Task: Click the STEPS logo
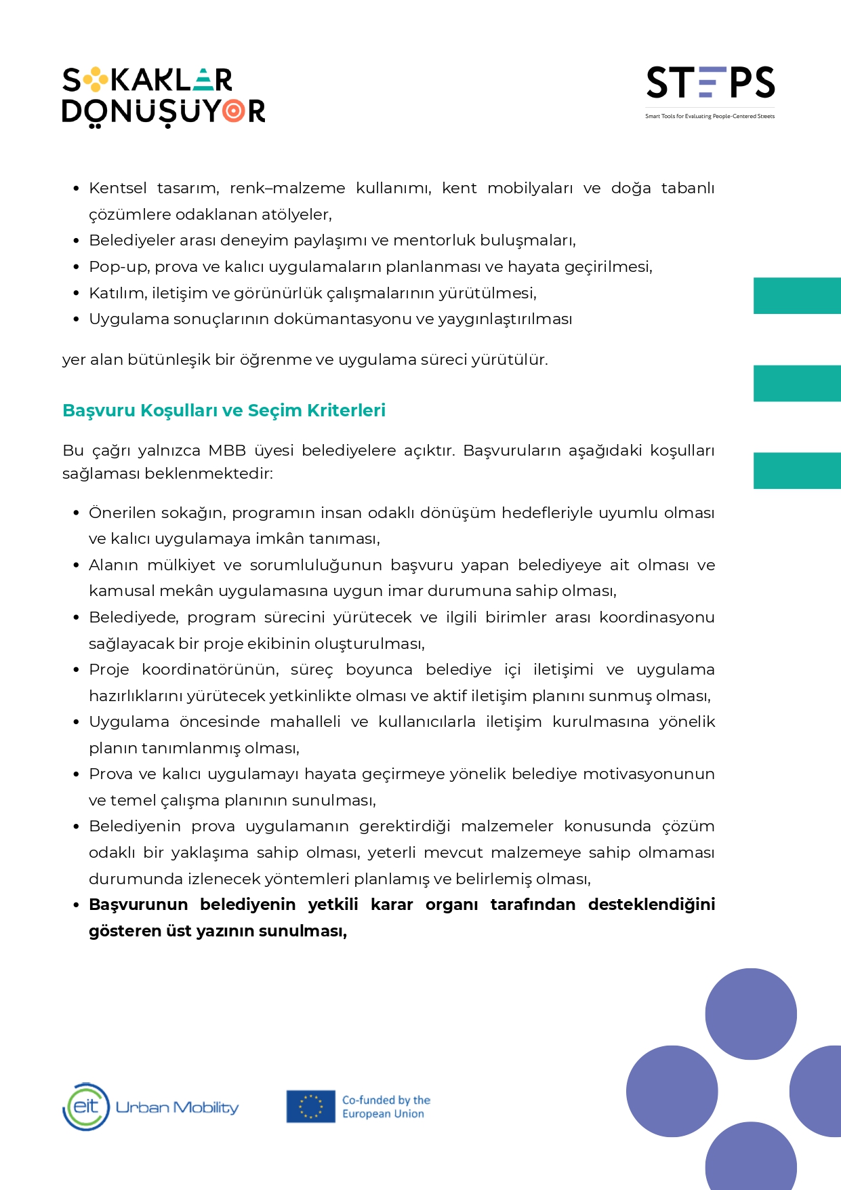pyautogui.click(x=710, y=83)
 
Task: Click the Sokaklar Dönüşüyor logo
pyautogui.click(x=163, y=96)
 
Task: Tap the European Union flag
pyautogui.click(x=310, y=1106)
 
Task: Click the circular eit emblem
pyautogui.click(x=86, y=1107)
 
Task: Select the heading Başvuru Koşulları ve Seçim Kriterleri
pyautogui.click(x=224, y=410)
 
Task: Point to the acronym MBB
pyautogui.click(x=227, y=451)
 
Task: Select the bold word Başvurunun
pyautogui.click(x=138, y=905)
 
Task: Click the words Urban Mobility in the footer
pyautogui.click(x=177, y=1107)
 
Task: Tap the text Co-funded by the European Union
pyautogui.click(x=386, y=1107)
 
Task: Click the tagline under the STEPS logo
pyautogui.click(x=710, y=117)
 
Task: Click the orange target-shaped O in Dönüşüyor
pyautogui.click(x=234, y=111)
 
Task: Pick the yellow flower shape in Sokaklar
pyautogui.click(x=96, y=80)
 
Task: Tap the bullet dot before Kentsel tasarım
pyautogui.click(x=77, y=189)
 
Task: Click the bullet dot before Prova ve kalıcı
pyautogui.click(x=77, y=774)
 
